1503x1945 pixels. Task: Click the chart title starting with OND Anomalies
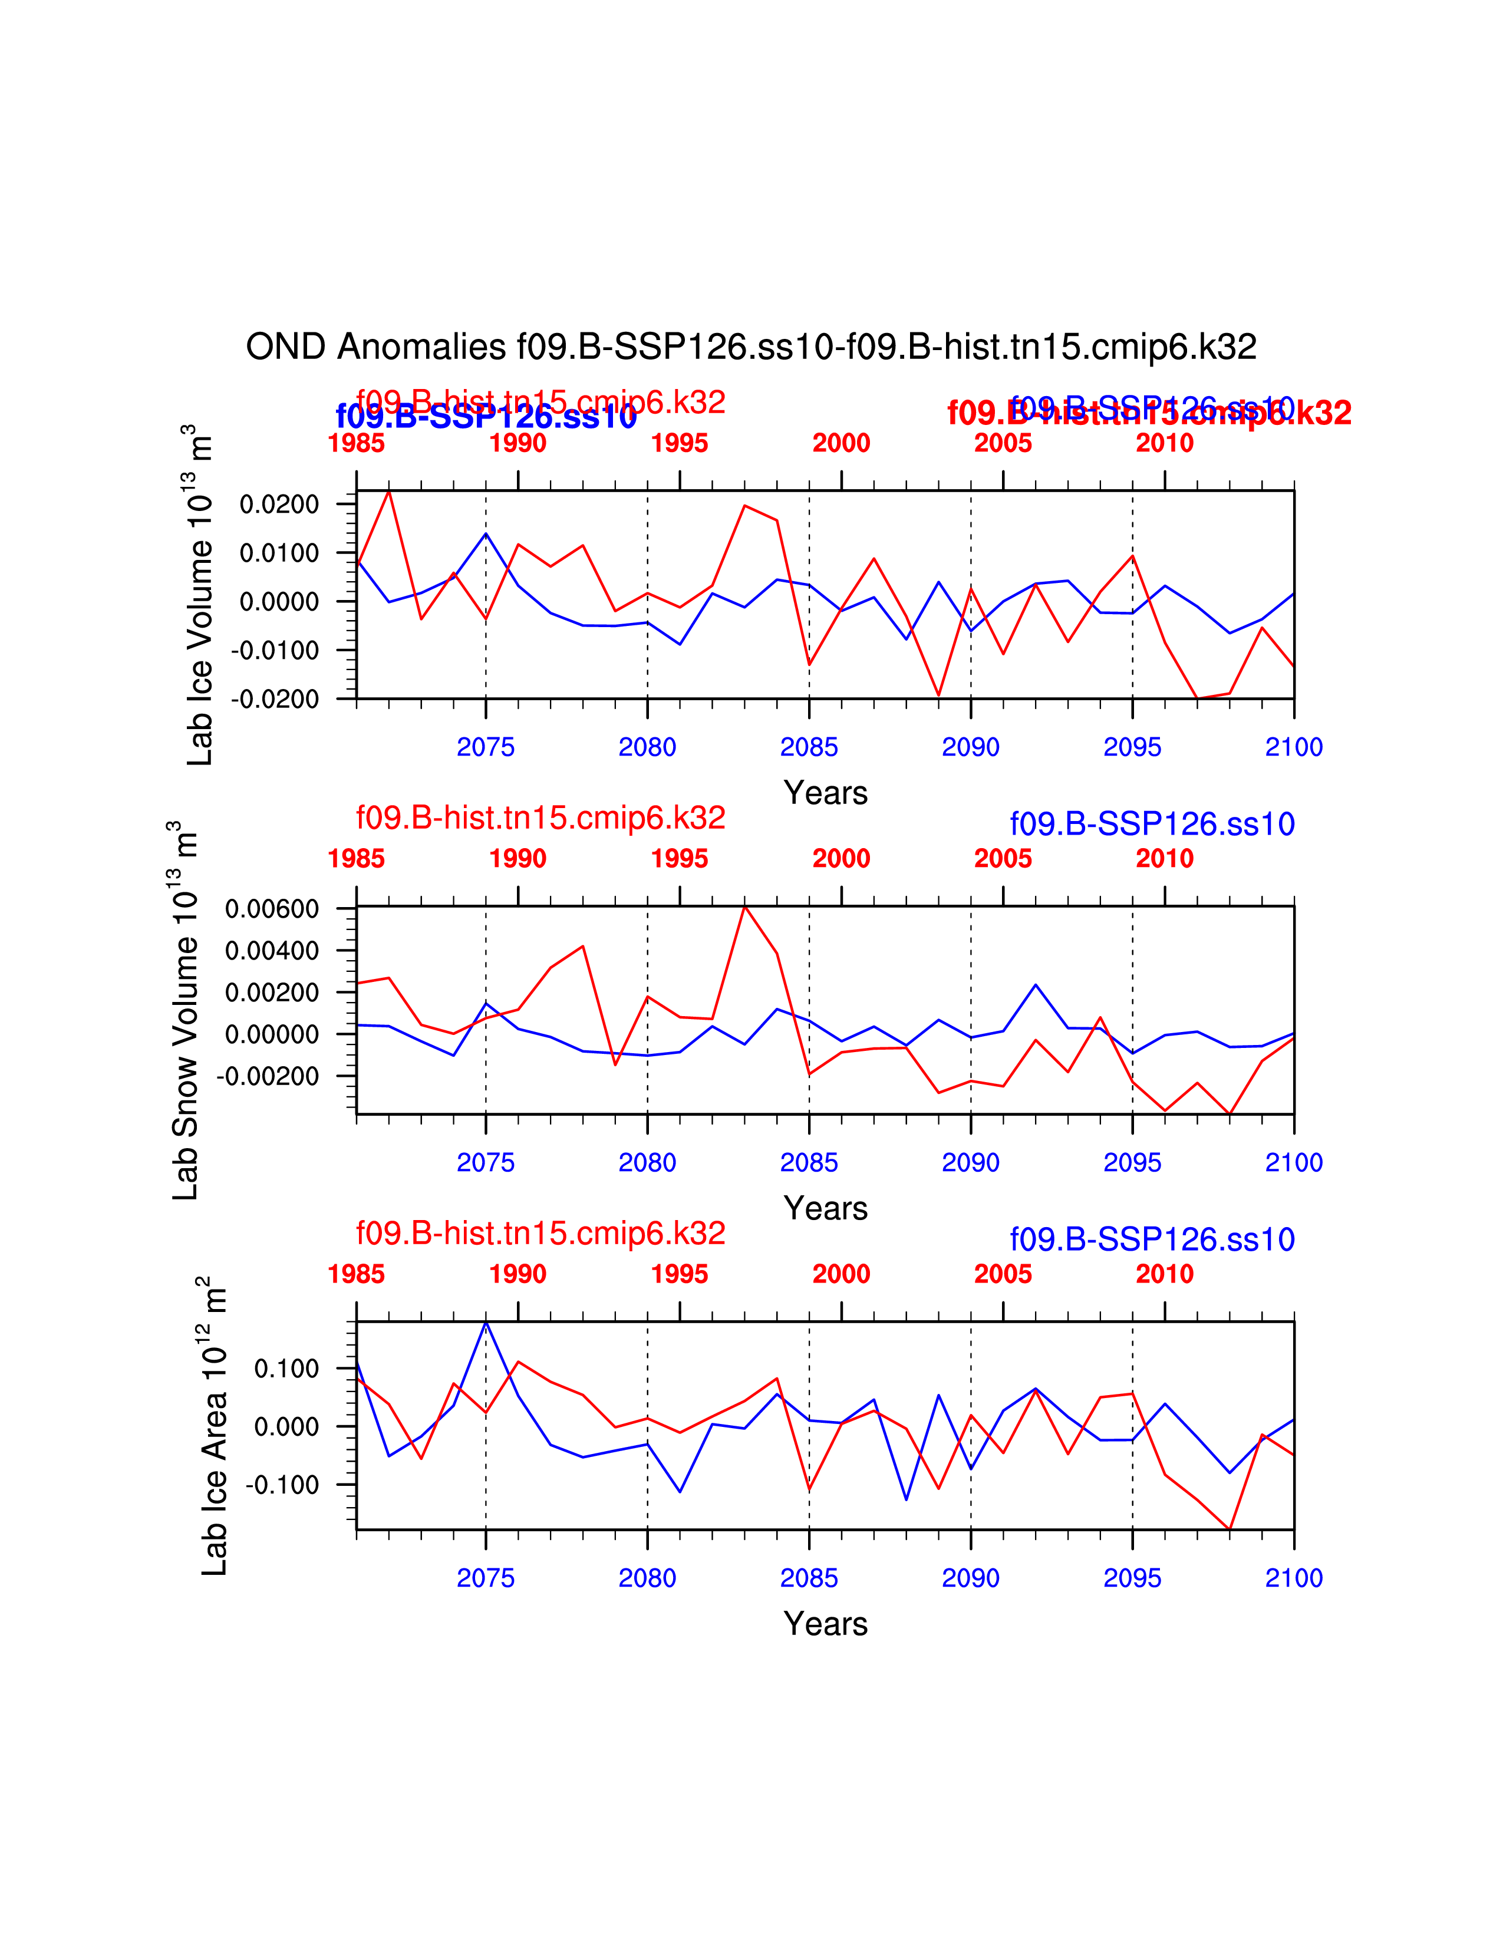pyautogui.click(x=750, y=347)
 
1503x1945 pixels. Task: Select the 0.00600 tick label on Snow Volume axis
pyautogui.click(x=272, y=909)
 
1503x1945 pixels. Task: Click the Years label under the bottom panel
pyautogui.click(x=825, y=1624)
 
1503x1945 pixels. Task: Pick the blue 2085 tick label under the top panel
pyautogui.click(x=809, y=747)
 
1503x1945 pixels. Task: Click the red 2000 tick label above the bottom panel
pyautogui.click(x=841, y=1274)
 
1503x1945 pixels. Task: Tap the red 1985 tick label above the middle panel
pyautogui.click(x=356, y=859)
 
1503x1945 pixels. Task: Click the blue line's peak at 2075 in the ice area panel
pyautogui.click(x=485, y=1323)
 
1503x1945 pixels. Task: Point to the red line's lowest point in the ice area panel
pyautogui.click(x=1230, y=1529)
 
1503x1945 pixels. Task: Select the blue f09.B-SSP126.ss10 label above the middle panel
pyautogui.click(x=1151, y=824)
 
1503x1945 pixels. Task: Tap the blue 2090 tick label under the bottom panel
pyautogui.click(x=971, y=1578)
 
